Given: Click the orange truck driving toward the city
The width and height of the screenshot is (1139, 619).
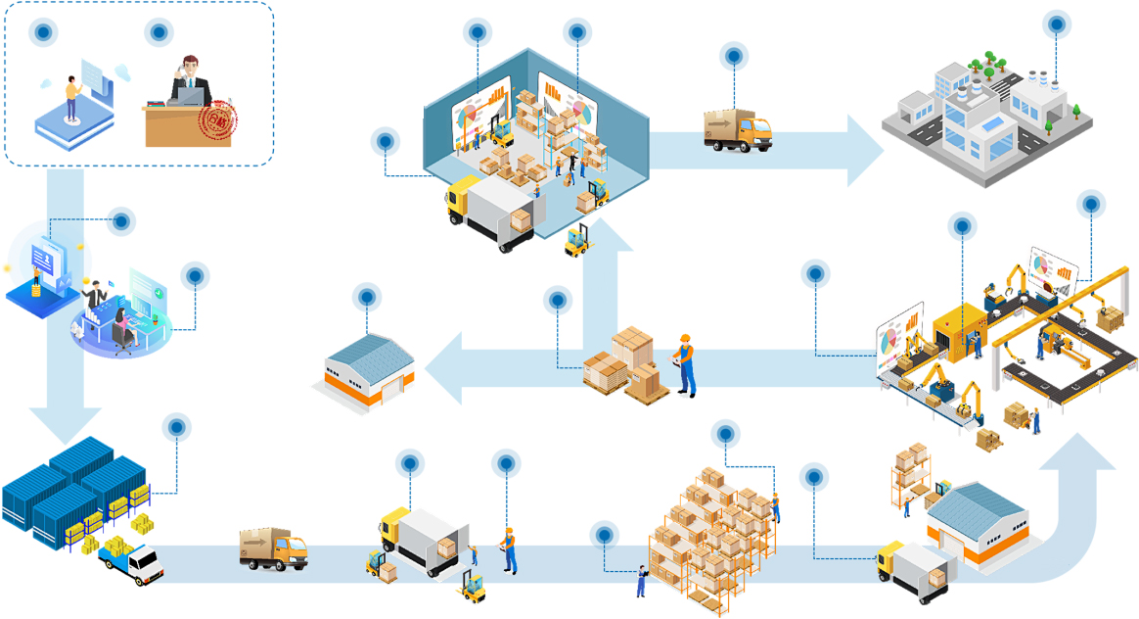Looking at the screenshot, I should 737,130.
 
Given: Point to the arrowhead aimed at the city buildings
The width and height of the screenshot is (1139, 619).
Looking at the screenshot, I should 866,150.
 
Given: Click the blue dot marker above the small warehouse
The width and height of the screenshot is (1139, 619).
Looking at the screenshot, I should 367,296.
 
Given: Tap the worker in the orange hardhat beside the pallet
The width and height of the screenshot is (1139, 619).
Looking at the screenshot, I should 686,364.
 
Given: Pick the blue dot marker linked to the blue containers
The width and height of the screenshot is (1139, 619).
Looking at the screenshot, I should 177,427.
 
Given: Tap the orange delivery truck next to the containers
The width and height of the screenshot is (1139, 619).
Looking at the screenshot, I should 273,548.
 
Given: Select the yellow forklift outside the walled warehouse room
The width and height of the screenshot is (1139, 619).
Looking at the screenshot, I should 577,241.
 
